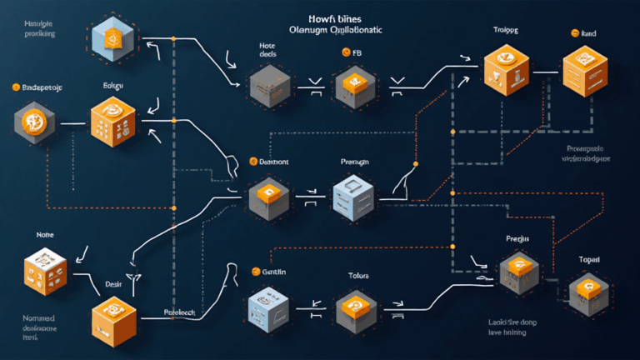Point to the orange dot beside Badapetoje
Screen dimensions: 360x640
(14, 86)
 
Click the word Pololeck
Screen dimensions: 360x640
(178, 312)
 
